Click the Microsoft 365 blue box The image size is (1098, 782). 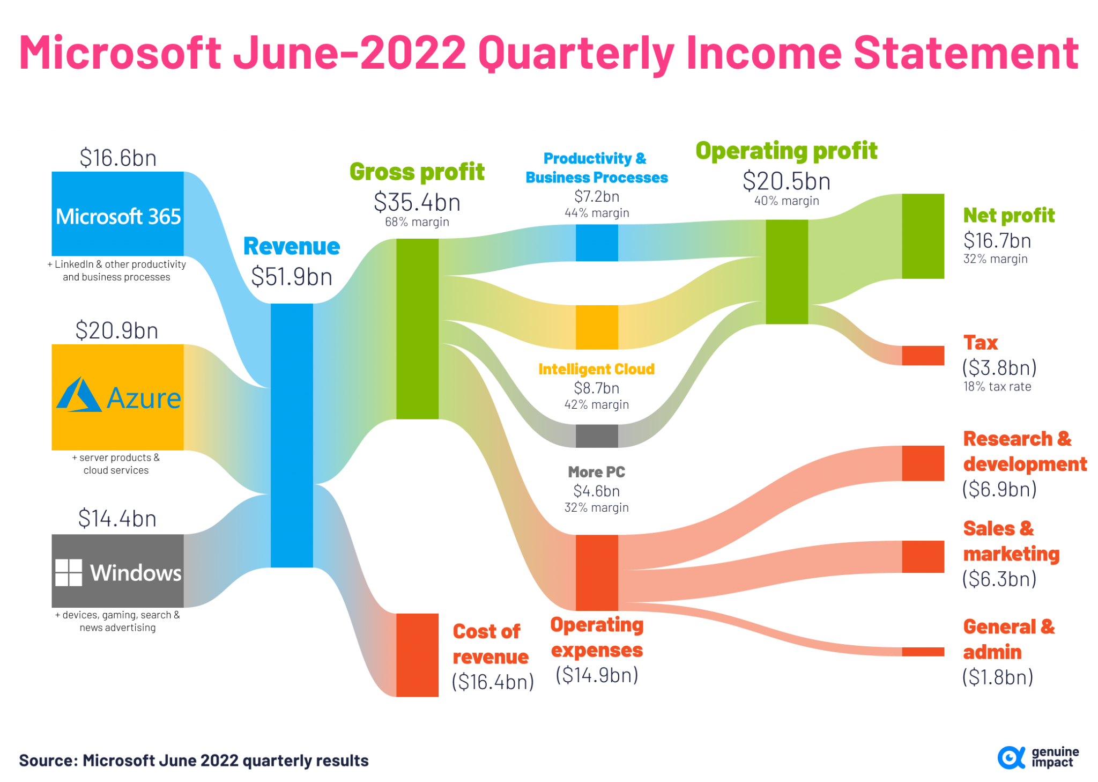117,213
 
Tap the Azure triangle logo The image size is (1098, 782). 78,395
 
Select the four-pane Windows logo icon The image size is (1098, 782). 69,572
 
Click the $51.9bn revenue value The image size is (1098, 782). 292,277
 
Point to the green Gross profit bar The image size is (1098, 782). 417,328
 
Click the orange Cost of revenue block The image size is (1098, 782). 417,654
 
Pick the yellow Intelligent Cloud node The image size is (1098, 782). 596,327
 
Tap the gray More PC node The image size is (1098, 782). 596,436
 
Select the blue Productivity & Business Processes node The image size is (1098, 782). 596,243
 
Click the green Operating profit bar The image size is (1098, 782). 786,271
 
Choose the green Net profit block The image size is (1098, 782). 922,236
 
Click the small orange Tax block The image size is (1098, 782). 922,355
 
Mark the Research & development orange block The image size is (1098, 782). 922,463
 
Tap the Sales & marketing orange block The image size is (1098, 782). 922,556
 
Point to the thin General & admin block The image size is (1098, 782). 922,652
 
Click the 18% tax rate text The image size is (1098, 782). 997,387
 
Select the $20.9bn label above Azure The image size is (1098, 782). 117,330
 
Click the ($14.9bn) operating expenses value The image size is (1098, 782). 596,675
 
